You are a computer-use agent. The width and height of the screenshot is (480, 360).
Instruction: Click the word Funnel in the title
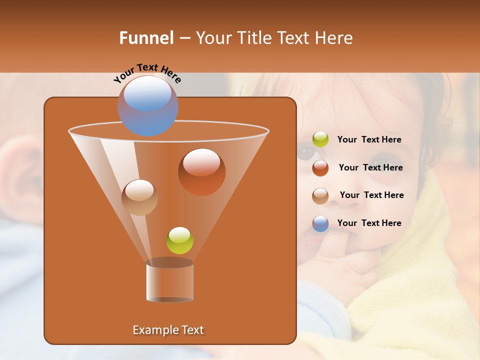click(x=146, y=38)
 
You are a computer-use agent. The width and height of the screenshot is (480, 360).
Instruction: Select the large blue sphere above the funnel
click(x=147, y=106)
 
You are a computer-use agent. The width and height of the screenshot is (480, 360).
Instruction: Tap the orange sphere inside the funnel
click(x=201, y=172)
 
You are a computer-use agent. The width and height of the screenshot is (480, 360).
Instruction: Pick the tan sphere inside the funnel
click(x=139, y=197)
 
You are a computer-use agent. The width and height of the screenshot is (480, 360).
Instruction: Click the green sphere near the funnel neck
click(x=179, y=240)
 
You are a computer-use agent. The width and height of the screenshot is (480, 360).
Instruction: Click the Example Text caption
click(x=168, y=330)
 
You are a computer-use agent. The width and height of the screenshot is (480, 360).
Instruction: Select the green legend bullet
click(x=320, y=139)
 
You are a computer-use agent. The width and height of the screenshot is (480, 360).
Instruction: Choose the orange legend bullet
click(x=320, y=168)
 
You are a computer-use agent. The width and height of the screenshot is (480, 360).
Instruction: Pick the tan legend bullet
click(x=320, y=195)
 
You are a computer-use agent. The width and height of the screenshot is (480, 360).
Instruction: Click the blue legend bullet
click(x=320, y=223)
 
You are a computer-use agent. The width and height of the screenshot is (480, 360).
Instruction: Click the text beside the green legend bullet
click(x=369, y=140)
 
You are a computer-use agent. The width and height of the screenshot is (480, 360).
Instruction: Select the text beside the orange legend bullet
click(x=370, y=168)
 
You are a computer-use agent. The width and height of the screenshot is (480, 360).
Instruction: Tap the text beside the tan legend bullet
click(x=371, y=195)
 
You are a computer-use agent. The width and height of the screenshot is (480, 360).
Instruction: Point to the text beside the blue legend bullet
click(x=369, y=223)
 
